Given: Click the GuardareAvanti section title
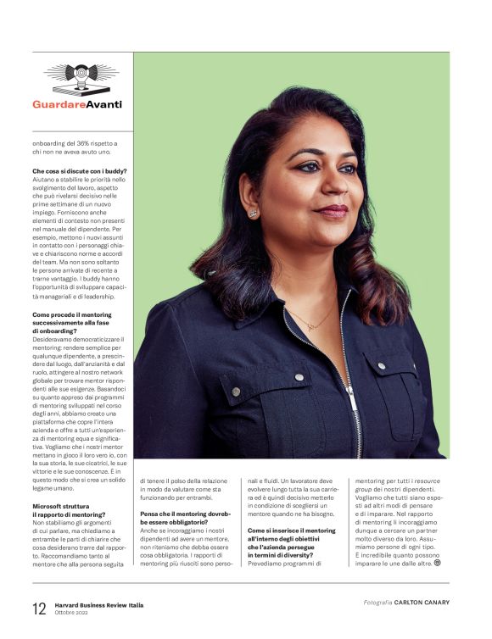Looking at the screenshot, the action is [x=77, y=104].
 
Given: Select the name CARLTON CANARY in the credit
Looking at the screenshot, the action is [x=422, y=603].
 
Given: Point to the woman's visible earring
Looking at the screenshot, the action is [x=253, y=214].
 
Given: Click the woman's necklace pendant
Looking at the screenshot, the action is [x=311, y=325].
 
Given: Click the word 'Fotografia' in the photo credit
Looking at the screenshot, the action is [x=377, y=603].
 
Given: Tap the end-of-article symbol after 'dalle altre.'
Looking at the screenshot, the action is [x=438, y=562].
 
